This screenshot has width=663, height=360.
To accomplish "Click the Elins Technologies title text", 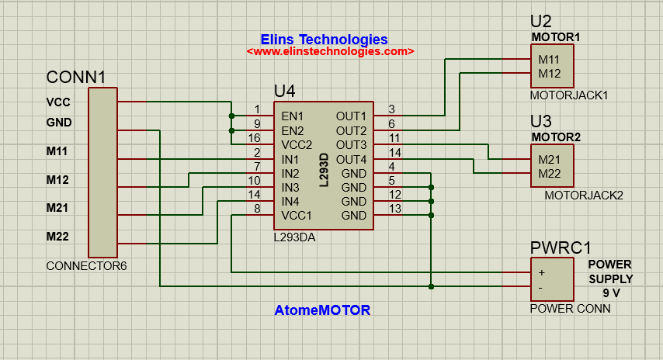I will point(324,39).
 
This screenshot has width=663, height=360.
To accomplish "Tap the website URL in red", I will point(330,51).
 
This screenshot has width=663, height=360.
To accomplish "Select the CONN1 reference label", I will point(76,78).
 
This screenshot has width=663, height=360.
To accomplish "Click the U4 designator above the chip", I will point(284,92).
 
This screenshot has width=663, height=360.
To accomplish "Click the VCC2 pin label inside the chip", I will point(296,144).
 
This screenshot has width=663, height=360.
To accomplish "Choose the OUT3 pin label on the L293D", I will point(351,144).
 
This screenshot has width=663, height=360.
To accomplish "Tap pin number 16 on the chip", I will point(254,138).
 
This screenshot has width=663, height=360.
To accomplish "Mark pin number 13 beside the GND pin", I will point(394,209).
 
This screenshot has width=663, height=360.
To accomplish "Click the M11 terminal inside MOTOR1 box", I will point(549,60).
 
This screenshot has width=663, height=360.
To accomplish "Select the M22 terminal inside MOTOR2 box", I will point(549,173).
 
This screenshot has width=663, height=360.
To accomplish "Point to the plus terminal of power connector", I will point(542,272).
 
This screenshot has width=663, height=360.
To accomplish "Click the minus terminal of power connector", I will point(542,287).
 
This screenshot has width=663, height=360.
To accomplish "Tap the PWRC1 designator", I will point(561,248).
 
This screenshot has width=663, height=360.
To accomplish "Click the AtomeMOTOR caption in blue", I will point(322,310).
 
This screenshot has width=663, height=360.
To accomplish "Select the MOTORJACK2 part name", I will point(584,196).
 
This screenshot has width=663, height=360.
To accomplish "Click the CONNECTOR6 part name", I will point(86,266).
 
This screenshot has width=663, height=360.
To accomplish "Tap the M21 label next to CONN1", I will point(58,208).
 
